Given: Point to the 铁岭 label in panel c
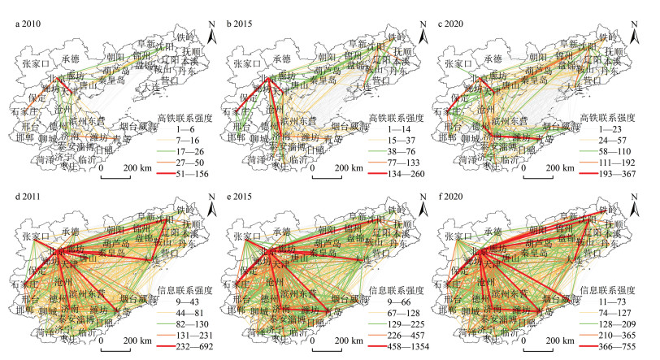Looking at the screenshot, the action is point(607,37).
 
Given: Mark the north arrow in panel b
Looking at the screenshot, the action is point(428,33).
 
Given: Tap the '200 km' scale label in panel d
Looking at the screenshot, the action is point(131,339).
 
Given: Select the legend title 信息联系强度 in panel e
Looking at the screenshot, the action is point(399,288).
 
